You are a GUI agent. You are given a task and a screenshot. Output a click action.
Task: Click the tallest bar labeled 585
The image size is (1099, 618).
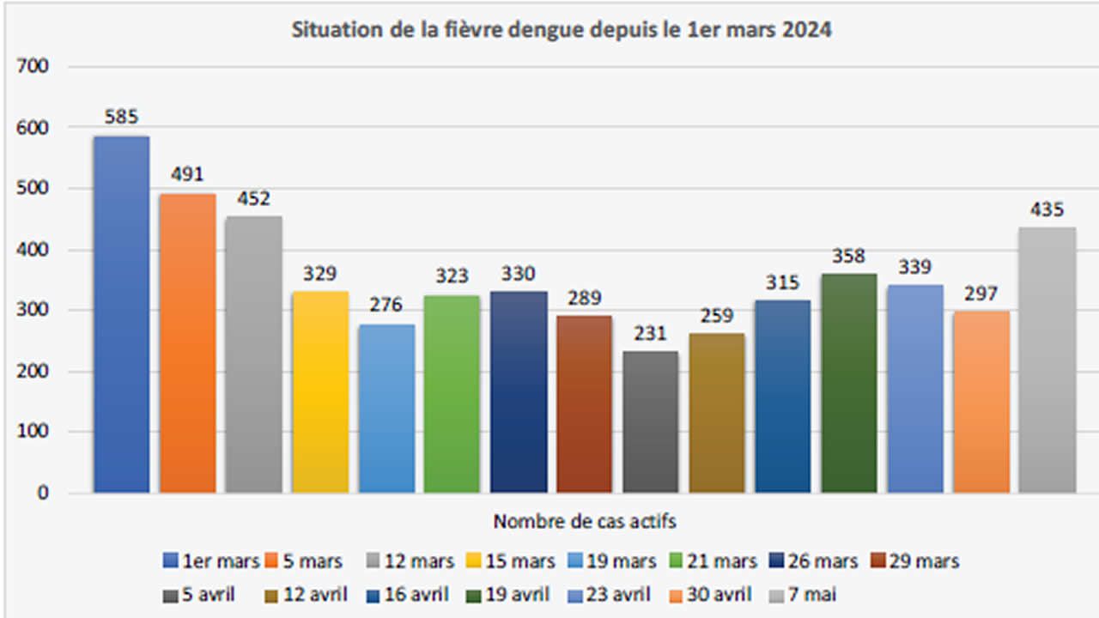point(121,314)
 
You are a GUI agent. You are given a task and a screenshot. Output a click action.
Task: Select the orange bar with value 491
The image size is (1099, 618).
point(187,343)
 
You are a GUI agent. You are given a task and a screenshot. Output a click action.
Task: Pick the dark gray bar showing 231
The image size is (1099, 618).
point(650,421)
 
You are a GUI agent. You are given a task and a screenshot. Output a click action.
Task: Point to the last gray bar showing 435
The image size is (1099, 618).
point(1047,360)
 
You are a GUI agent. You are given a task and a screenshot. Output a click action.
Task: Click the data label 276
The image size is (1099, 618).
point(386,306)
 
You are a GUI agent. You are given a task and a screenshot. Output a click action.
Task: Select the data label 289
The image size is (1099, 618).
point(585,298)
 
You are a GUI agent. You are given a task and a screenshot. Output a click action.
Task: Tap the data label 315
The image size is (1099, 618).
point(782,282)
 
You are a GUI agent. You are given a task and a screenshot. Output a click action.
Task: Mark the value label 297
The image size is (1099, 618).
point(981,293)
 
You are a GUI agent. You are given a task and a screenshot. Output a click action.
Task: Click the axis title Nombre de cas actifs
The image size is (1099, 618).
point(584,521)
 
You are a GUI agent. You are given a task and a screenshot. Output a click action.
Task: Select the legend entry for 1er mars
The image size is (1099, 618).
point(211,561)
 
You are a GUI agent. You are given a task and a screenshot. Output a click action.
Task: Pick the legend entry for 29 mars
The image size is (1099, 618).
point(914,561)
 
